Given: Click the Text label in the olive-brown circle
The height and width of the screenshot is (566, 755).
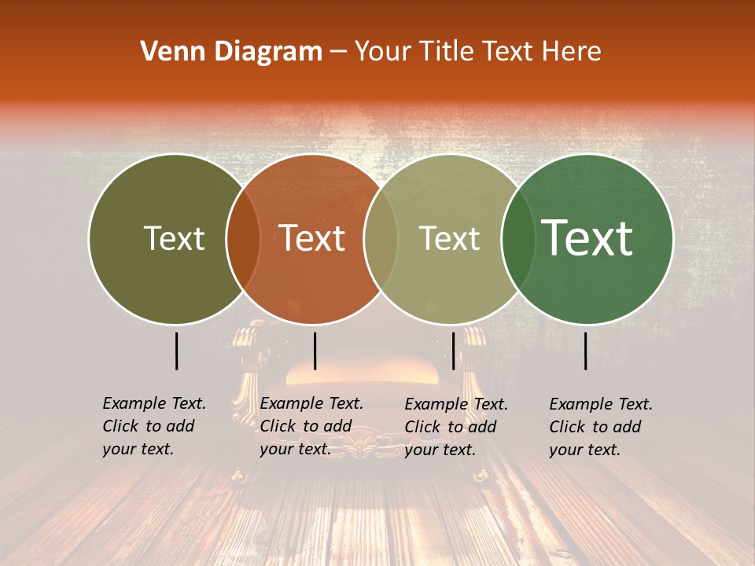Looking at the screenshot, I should (x=174, y=238).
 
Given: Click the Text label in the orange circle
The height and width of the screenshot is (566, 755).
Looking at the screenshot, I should (x=312, y=238).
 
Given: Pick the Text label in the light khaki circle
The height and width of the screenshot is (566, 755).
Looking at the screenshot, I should (x=449, y=238).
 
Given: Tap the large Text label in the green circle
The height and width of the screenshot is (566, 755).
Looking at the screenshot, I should (x=587, y=237).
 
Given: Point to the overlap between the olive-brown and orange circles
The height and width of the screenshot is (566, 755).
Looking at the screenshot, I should (x=243, y=239).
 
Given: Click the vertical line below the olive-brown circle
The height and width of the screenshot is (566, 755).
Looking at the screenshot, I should (x=176, y=351).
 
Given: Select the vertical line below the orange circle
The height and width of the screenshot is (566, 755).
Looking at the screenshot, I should (x=315, y=351).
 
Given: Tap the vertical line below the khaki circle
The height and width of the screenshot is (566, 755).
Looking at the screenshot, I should (x=453, y=351).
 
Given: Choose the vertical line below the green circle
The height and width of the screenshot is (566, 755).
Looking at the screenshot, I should (x=586, y=351).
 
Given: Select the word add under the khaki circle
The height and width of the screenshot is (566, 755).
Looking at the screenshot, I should (x=482, y=427).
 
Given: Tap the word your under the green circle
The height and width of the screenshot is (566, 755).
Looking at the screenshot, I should (x=566, y=450).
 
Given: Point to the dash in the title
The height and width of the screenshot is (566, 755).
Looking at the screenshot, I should (x=338, y=53).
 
